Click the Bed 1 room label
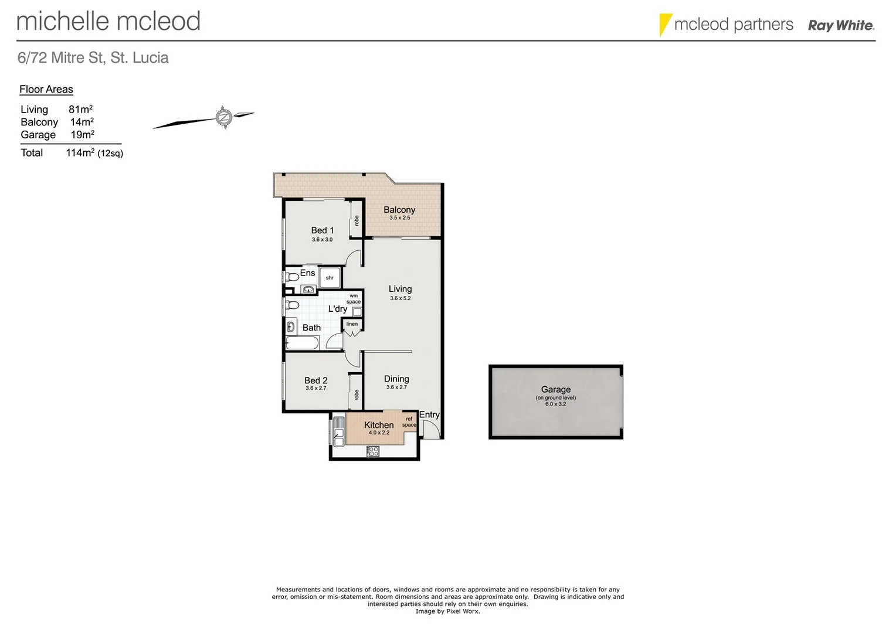[x=322, y=230]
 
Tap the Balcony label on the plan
[x=399, y=210]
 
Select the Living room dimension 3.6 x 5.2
[x=400, y=298]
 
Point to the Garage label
[x=555, y=389]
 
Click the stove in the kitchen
[x=373, y=451]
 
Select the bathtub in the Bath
[x=303, y=343]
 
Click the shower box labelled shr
[x=330, y=278]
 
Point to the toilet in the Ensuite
[x=291, y=277]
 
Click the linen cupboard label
[x=352, y=324]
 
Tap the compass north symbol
[x=223, y=117]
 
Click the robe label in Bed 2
[x=356, y=395]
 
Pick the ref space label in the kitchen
[x=409, y=422]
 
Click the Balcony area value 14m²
[x=82, y=122]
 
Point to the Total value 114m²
[x=80, y=153]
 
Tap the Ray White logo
[x=841, y=25]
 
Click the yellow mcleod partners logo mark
[x=664, y=24]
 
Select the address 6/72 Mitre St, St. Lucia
[x=93, y=58]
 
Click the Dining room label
[x=396, y=379]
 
